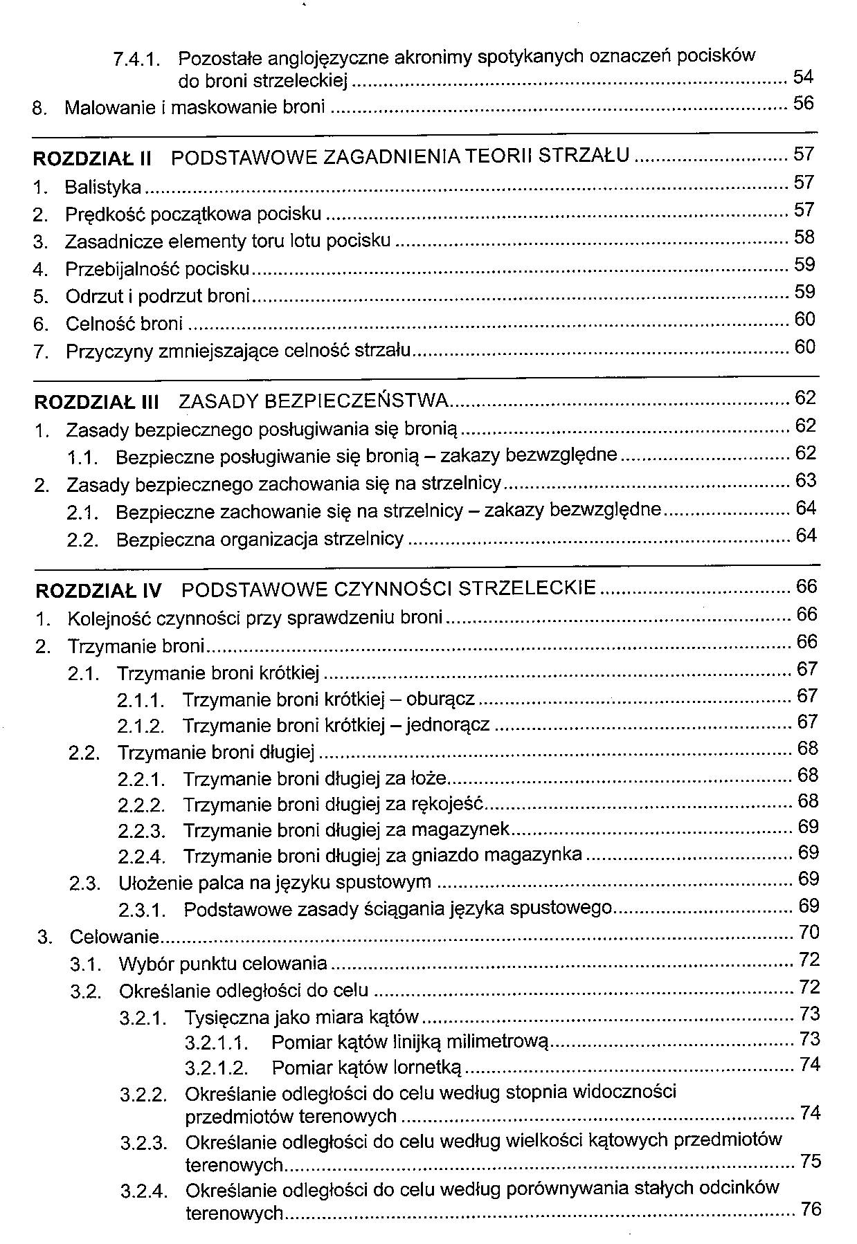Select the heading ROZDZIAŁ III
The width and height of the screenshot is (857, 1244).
96,402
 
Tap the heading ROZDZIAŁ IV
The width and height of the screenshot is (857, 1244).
98,591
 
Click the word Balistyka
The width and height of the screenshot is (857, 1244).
103,187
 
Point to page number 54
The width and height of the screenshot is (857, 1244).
803,76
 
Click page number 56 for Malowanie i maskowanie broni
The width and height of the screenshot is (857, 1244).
803,104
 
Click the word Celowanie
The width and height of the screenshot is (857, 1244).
114,937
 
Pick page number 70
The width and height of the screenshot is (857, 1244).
809,933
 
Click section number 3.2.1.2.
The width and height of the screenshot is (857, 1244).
217,1068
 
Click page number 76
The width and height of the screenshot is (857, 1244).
810,1209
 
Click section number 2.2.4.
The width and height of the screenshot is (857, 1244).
141,857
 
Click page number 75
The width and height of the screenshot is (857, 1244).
810,1160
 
